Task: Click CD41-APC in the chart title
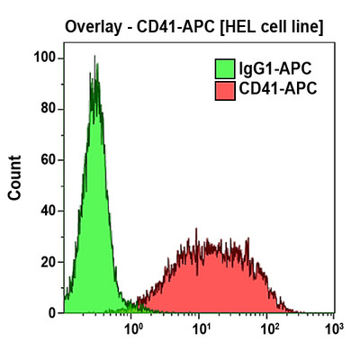pyautogui.click(x=167, y=27)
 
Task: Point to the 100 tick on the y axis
pyautogui.click(x=44, y=58)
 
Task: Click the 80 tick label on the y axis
pyautogui.click(x=48, y=109)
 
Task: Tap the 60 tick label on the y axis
pyautogui.click(x=48, y=160)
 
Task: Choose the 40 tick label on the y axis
pyautogui.click(x=48, y=211)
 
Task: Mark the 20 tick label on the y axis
pyautogui.click(x=48, y=262)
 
